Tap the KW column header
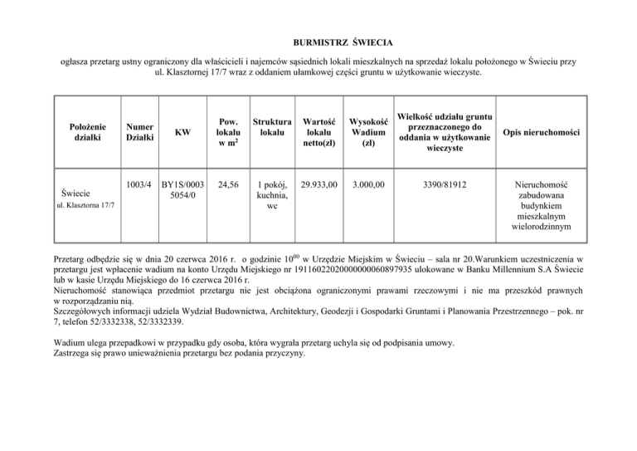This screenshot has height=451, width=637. coord(181,131)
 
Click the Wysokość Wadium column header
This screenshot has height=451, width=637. coord(367,131)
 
